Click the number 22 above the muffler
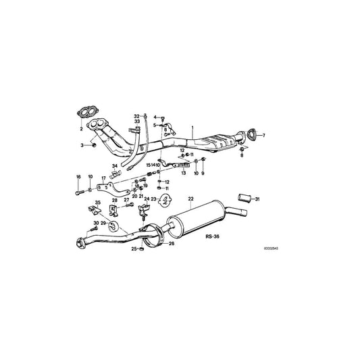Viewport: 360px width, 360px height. tap(190, 199)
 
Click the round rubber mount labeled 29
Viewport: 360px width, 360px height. tap(112, 227)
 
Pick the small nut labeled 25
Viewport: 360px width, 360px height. tap(143, 249)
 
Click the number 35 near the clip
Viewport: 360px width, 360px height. tap(97, 202)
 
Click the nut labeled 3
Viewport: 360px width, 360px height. tap(94, 145)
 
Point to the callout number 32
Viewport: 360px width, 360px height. tap(136, 116)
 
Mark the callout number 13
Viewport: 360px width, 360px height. tap(182, 173)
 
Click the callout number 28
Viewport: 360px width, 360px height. tap(115, 200)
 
